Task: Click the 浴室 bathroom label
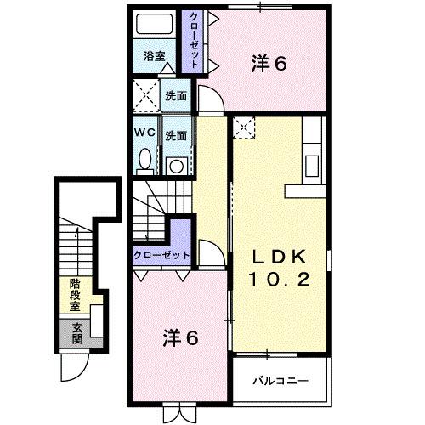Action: point(154,57)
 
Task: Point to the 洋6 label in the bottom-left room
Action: point(180,338)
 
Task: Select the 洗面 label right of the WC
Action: point(176,135)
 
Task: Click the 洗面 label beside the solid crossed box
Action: point(176,97)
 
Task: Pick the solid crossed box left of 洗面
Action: point(145,96)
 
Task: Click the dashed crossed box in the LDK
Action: point(244,127)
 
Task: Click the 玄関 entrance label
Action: point(76,333)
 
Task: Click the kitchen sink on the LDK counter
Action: point(311,162)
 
